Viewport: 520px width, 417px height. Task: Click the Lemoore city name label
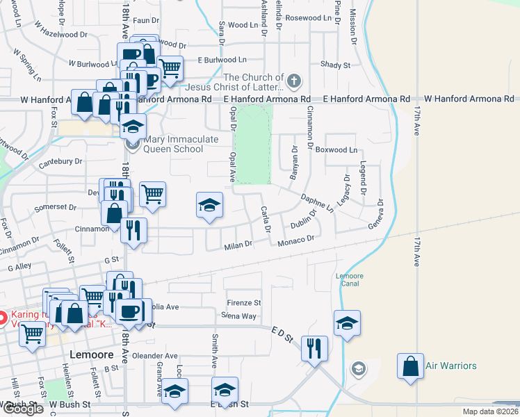click(92, 354)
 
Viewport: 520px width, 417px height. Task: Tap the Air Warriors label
click(450, 366)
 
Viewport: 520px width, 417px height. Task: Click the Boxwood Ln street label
click(336, 150)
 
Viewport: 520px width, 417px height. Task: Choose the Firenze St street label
click(244, 303)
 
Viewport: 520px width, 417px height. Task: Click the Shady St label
click(335, 65)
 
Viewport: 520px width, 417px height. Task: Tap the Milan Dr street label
click(238, 246)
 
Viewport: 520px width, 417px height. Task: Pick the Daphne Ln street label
click(318, 202)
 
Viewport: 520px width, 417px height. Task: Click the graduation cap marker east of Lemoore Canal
click(347, 323)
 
